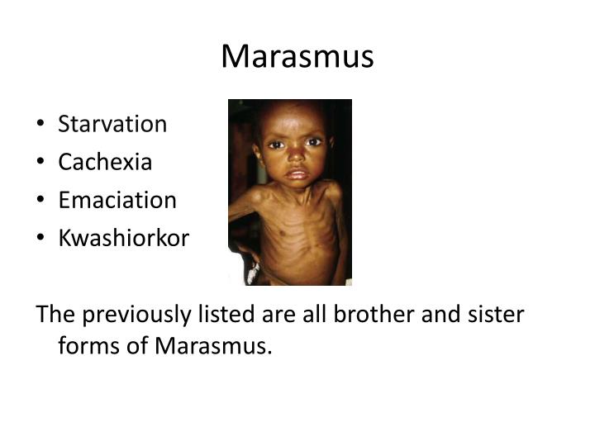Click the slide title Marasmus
click(x=297, y=57)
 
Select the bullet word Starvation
click(x=112, y=125)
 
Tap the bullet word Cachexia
click(x=105, y=163)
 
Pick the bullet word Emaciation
click(x=117, y=201)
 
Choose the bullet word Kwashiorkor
click(x=123, y=239)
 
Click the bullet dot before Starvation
click(x=42, y=126)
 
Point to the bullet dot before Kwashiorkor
click(x=42, y=240)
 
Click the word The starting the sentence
click(x=53, y=316)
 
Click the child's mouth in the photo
click(x=297, y=174)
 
